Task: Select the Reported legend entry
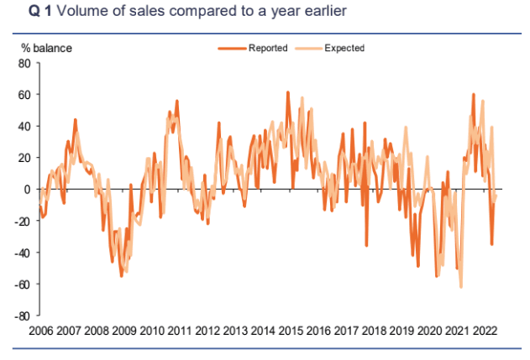point(268,49)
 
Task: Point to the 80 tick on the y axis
point(24,63)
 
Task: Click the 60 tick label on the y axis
point(24,95)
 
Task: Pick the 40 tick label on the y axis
point(24,127)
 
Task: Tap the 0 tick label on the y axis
point(28,190)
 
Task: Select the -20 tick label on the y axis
point(23,222)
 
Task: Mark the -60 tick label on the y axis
point(23,285)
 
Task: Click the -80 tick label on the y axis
point(23,316)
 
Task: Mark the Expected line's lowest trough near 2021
point(461,287)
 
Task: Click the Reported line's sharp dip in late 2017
point(366,245)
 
